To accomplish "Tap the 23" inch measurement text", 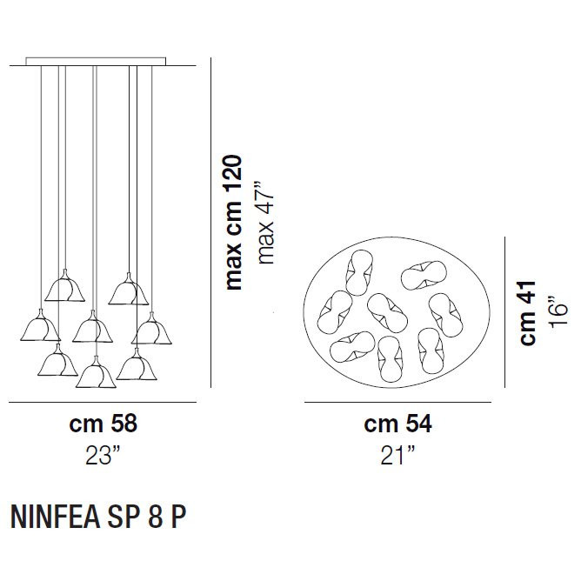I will coord(103,456).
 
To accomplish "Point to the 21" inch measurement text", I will coord(398,456).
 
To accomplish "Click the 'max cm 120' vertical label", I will coord(233,223).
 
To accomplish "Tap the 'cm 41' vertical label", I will coord(528,313).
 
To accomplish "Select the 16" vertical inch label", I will coord(559,313).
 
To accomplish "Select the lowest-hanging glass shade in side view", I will coord(95,375).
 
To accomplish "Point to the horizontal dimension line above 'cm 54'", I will coord(397,404).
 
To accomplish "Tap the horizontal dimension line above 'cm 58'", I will coord(104,404).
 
